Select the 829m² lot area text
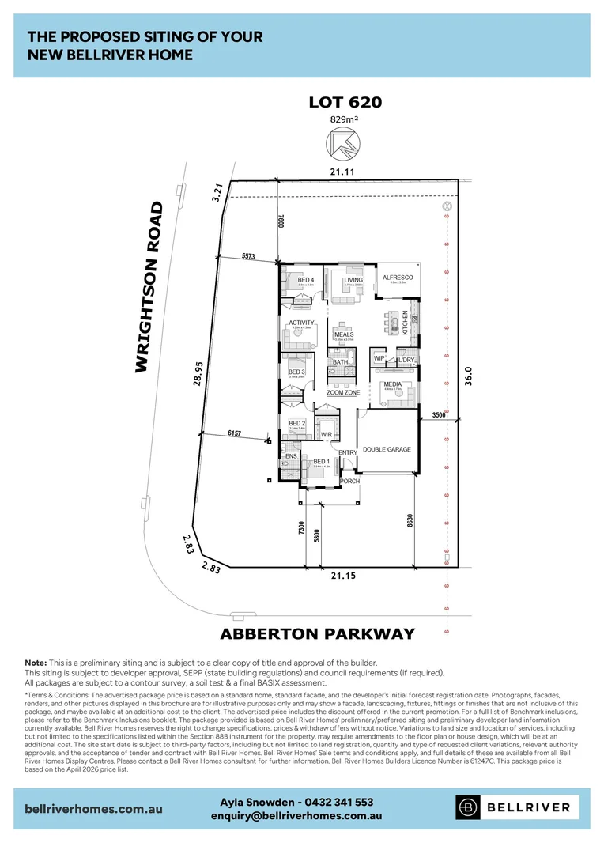pyautogui.click(x=344, y=120)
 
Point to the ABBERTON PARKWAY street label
pyautogui.click(x=317, y=633)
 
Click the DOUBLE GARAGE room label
pyautogui.click(x=387, y=449)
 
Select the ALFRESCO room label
pyautogui.click(x=398, y=278)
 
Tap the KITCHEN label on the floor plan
pyautogui.click(x=406, y=323)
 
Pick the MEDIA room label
pyautogui.click(x=392, y=385)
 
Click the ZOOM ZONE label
pyautogui.click(x=343, y=392)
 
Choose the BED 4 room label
pyautogui.click(x=306, y=280)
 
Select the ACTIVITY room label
pyautogui.click(x=301, y=323)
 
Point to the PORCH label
pyautogui.click(x=349, y=481)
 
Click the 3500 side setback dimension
pyautogui.click(x=440, y=414)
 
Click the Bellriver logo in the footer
pyautogui.click(x=517, y=807)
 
